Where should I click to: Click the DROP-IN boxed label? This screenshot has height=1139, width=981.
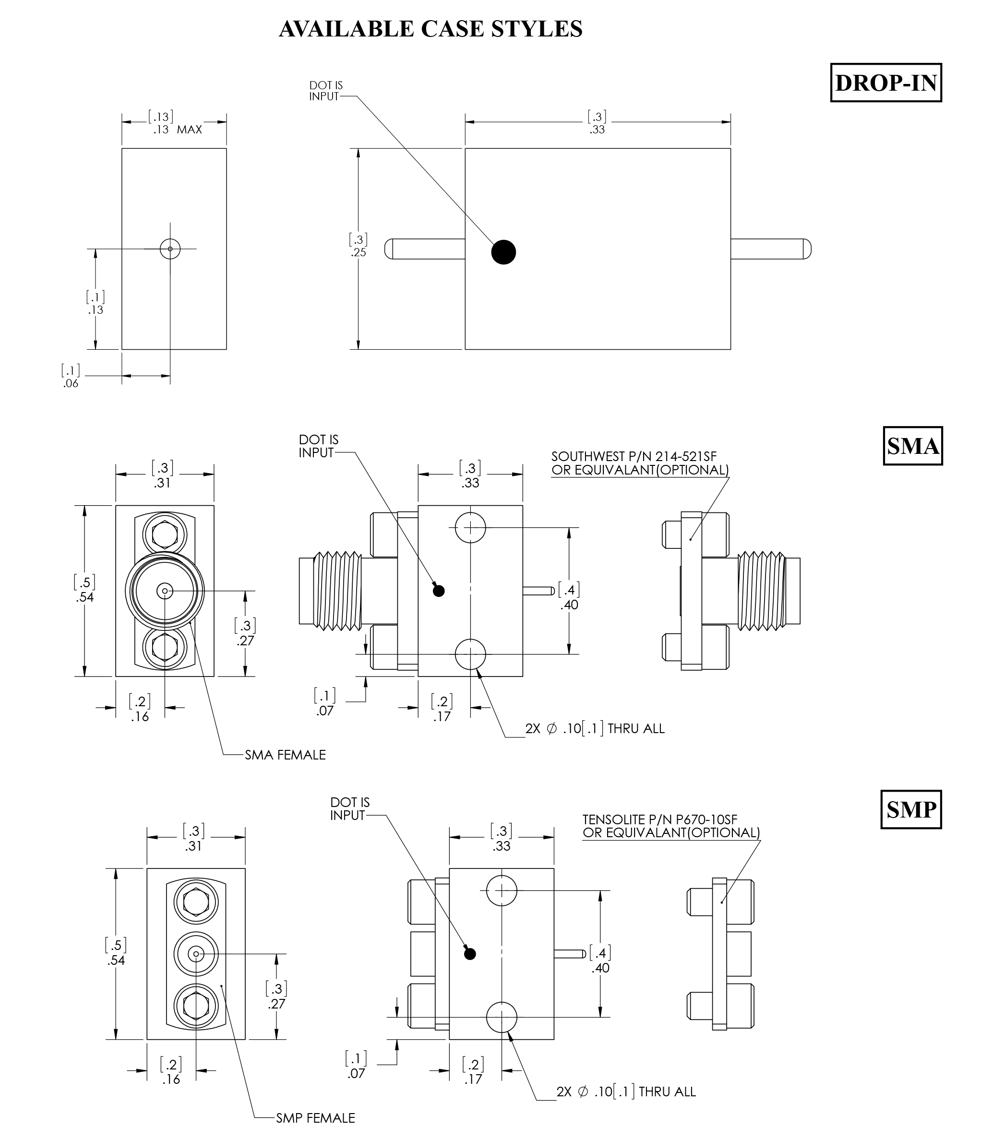pyautogui.click(x=885, y=83)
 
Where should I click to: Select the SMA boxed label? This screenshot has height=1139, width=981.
pyautogui.click(x=912, y=446)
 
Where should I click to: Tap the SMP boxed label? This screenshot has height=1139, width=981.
pyautogui.click(x=910, y=810)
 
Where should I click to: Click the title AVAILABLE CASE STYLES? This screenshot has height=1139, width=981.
pyautogui.click(x=431, y=29)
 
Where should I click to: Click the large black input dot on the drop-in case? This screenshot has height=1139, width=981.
pyautogui.click(x=503, y=252)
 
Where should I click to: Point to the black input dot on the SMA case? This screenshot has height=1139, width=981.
pyautogui.click(x=438, y=591)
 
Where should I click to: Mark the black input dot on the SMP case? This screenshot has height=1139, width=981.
pyautogui.click(x=469, y=954)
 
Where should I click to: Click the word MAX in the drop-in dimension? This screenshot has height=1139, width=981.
pyautogui.click(x=189, y=130)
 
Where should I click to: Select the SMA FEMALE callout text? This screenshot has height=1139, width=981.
pyautogui.click(x=285, y=755)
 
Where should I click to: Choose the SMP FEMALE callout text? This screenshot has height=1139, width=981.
pyautogui.click(x=315, y=1118)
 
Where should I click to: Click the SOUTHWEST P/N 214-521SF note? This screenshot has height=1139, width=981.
pyautogui.click(x=634, y=457)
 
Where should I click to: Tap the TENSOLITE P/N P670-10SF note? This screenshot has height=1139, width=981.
pyautogui.click(x=659, y=819)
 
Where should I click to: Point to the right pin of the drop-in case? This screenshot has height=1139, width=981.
pyautogui.click(x=770, y=249)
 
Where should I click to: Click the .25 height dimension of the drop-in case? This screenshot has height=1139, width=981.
pyautogui.click(x=359, y=252)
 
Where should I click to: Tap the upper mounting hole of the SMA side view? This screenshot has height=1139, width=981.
pyautogui.click(x=470, y=527)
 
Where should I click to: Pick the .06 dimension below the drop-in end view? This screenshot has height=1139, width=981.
pyautogui.click(x=71, y=384)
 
